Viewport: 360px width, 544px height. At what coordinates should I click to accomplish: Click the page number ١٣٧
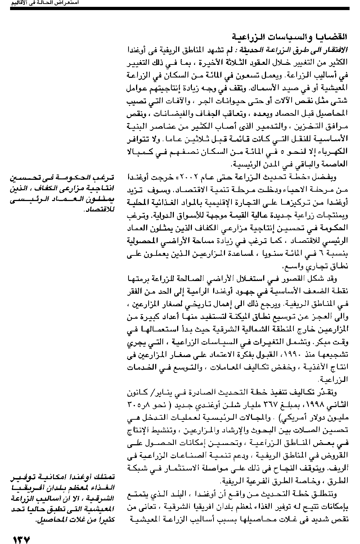pos(22,539)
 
